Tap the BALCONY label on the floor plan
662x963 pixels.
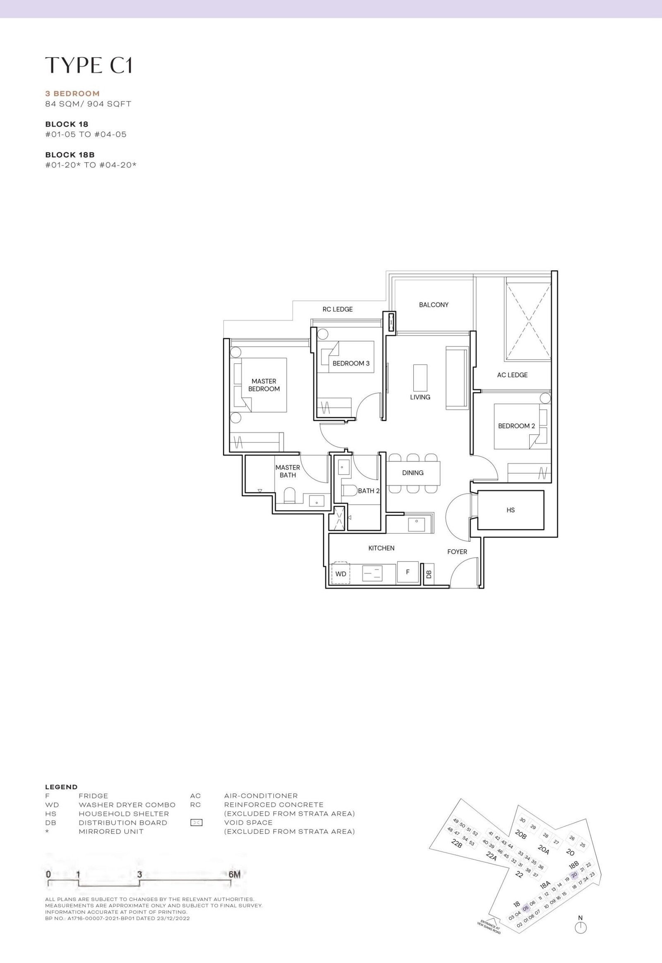point(434,305)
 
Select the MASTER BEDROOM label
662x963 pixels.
point(264,385)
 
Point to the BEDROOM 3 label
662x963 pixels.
point(351,363)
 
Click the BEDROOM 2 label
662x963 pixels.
point(516,426)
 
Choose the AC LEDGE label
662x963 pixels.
point(512,375)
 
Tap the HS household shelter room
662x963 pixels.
point(511,510)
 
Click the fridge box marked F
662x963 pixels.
point(407,572)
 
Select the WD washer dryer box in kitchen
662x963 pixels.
point(341,574)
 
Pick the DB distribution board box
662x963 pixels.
point(429,574)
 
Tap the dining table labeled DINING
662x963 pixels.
point(413,473)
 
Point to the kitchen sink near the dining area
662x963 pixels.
point(416,524)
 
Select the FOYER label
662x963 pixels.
point(457,552)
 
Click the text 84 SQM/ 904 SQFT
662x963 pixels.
point(89,104)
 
